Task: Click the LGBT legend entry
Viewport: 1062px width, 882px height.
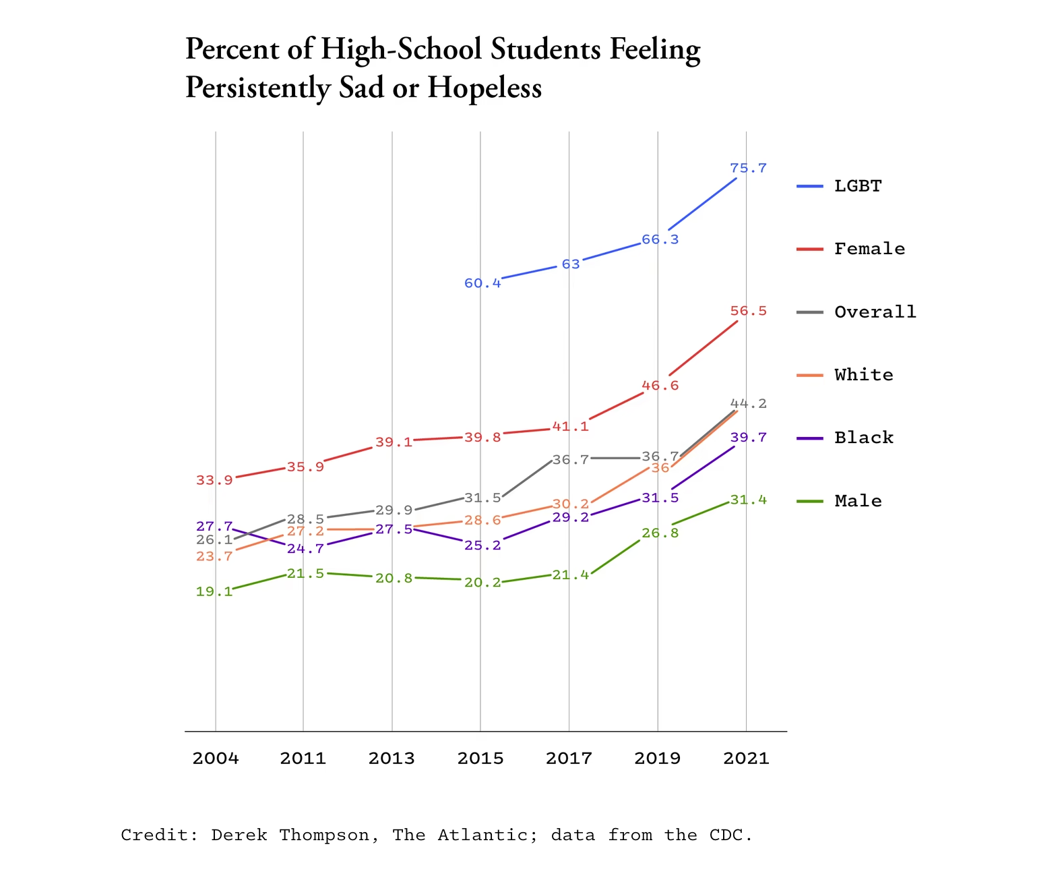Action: (x=857, y=186)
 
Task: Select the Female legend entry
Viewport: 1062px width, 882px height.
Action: (x=869, y=249)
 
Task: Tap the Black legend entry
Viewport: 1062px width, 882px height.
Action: (x=863, y=438)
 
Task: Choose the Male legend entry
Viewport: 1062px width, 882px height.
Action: (x=858, y=501)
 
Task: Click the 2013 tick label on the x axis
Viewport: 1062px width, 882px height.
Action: (x=392, y=759)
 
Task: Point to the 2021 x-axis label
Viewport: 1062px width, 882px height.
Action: (x=746, y=759)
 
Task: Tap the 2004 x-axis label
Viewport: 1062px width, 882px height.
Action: (x=216, y=759)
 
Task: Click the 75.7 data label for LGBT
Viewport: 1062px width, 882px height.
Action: (x=748, y=169)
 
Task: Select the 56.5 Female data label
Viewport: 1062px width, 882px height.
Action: (x=748, y=312)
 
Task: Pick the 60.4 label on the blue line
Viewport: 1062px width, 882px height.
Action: (x=482, y=283)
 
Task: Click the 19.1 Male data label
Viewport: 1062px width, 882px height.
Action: (x=214, y=592)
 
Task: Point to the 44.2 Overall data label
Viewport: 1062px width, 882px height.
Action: (x=748, y=404)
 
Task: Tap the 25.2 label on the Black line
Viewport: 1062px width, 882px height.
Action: (x=482, y=546)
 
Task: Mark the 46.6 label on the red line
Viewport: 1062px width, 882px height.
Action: (x=660, y=386)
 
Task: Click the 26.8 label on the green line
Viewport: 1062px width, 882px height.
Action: (x=660, y=533)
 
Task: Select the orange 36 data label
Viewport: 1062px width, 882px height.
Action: (x=660, y=468)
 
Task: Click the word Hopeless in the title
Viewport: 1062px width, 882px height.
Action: (x=485, y=88)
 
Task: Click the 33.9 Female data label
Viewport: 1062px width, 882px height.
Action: (x=214, y=481)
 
